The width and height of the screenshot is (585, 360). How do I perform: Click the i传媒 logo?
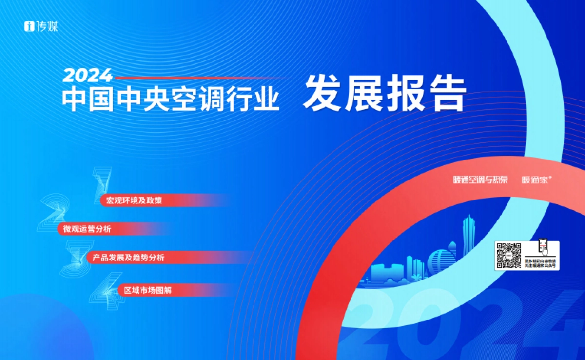pos(41,27)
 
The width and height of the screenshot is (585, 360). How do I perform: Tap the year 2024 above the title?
pos(88,76)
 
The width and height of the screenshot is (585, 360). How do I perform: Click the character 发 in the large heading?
pos(322,94)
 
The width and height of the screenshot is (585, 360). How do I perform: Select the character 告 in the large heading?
pos(446,94)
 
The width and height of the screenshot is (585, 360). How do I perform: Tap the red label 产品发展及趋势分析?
pos(128,258)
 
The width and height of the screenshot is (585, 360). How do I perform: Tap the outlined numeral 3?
pos(74,259)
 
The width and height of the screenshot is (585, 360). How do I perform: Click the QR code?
pos(508,255)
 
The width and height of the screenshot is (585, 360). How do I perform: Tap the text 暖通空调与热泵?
pos(480,180)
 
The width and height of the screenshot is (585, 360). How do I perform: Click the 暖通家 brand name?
pos(535,180)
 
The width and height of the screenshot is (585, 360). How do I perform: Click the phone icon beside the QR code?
pos(544,247)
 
